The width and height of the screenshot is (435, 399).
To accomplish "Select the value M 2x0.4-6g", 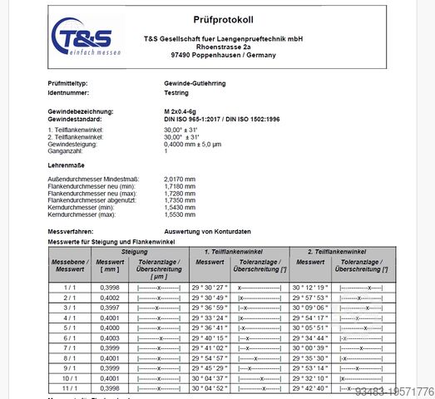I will [x=187, y=111].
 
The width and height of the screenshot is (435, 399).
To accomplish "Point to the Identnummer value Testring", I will [x=178, y=94].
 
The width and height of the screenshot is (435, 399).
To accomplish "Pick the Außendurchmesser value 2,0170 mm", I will [x=180, y=178].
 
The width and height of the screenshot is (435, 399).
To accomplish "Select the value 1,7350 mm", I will [x=180, y=199].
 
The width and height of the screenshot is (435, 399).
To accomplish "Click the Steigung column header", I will [x=135, y=250].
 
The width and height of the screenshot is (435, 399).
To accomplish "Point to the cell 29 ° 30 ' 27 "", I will [x=209, y=287].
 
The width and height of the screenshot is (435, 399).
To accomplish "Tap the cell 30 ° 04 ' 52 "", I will [x=209, y=388].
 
